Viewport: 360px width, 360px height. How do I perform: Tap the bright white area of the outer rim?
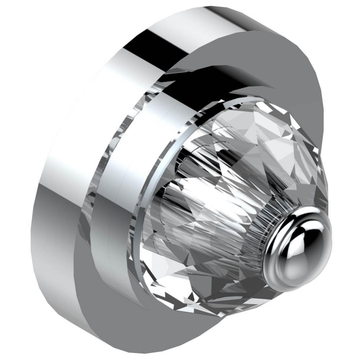pos(90,108)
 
